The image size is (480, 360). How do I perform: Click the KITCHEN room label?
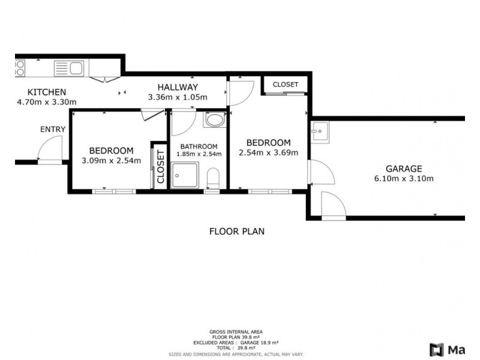pyautogui.click(x=47, y=92)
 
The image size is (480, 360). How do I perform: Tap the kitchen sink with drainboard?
pyautogui.click(x=69, y=68)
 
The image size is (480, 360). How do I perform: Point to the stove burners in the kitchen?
pyautogui.click(x=20, y=68)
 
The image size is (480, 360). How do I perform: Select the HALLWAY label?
pyautogui.click(x=178, y=87)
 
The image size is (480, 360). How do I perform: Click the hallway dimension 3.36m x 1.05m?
pyautogui.click(x=178, y=97)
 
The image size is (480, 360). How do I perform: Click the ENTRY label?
pyautogui.click(x=53, y=129)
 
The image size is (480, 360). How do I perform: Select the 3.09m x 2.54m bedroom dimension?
pyautogui.click(x=112, y=160)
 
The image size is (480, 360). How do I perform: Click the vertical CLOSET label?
pyautogui.click(x=161, y=167)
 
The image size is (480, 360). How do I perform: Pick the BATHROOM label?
pyautogui.click(x=199, y=146)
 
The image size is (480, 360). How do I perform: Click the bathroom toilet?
pyautogui.click(x=213, y=178)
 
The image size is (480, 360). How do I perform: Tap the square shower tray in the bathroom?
pyautogui.click(x=185, y=175)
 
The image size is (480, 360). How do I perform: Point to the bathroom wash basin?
pyautogui.click(x=215, y=120)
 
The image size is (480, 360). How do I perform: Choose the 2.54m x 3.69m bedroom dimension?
pyautogui.click(x=268, y=152)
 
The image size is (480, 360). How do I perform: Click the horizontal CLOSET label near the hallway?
pyautogui.click(x=286, y=85)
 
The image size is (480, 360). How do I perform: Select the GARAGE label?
pyautogui.click(x=404, y=169)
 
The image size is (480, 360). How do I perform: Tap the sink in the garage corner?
pyautogui.click(x=320, y=132)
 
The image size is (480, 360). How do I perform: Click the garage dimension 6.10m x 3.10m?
pyautogui.click(x=404, y=178)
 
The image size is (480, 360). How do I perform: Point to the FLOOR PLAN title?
pyautogui.click(x=237, y=231)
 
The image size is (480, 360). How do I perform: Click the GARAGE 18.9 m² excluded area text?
pyautogui.click(x=259, y=343)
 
